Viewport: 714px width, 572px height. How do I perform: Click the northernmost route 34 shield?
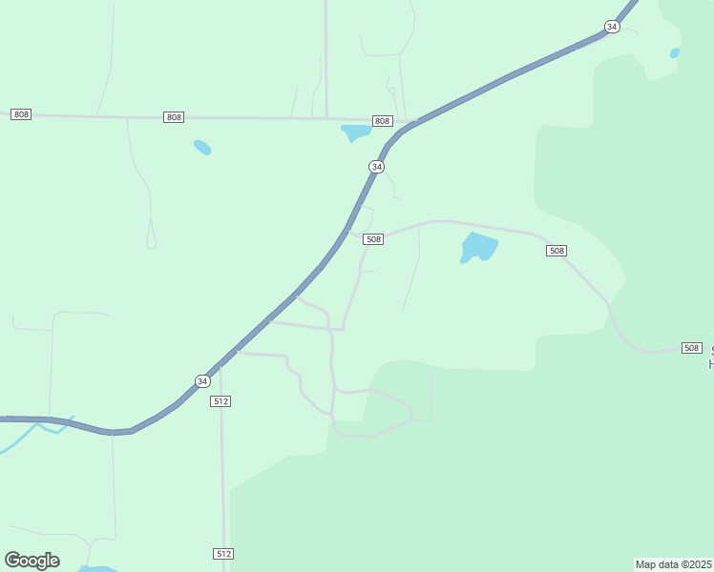[x=612, y=27]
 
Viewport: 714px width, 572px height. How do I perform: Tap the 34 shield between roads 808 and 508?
[x=377, y=167]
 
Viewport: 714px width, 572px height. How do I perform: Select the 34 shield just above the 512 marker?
[x=201, y=381]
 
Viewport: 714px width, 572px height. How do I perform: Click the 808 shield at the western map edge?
[x=21, y=114]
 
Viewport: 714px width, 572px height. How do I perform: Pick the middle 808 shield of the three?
[x=173, y=117]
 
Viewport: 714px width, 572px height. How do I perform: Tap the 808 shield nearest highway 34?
[x=382, y=121]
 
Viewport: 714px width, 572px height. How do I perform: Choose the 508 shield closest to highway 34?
[x=373, y=239]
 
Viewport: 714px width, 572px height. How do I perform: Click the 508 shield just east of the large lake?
[x=556, y=251]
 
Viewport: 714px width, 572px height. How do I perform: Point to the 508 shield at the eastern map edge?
[x=692, y=348]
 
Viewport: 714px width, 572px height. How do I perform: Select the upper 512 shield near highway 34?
[x=221, y=401]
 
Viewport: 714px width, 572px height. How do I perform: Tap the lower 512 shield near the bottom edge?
[x=222, y=554]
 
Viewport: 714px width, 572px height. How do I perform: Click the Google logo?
[x=31, y=561]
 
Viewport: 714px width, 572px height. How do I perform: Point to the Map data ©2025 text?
[x=673, y=564]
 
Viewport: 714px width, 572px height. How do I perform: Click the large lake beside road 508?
[x=479, y=247]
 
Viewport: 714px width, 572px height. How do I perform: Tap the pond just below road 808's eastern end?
[x=356, y=132]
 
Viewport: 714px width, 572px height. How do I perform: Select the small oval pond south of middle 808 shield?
[x=202, y=148]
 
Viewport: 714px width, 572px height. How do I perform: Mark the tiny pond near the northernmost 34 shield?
[x=675, y=53]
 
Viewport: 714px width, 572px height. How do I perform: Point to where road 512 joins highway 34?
[x=220, y=366]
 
